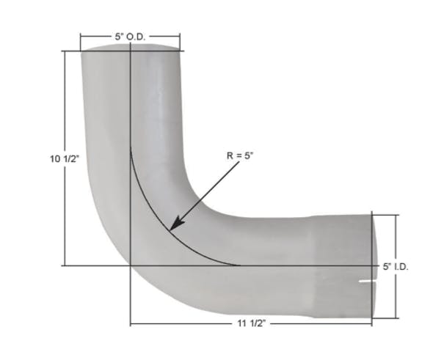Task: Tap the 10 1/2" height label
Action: pyautogui.click(x=64, y=158)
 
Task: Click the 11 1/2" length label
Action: pyautogui.click(x=251, y=323)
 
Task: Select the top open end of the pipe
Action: pyautogui.click(x=130, y=48)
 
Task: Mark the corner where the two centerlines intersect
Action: pyautogui.click(x=130, y=265)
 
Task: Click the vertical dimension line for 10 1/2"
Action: pyautogui.click(x=64, y=220)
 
